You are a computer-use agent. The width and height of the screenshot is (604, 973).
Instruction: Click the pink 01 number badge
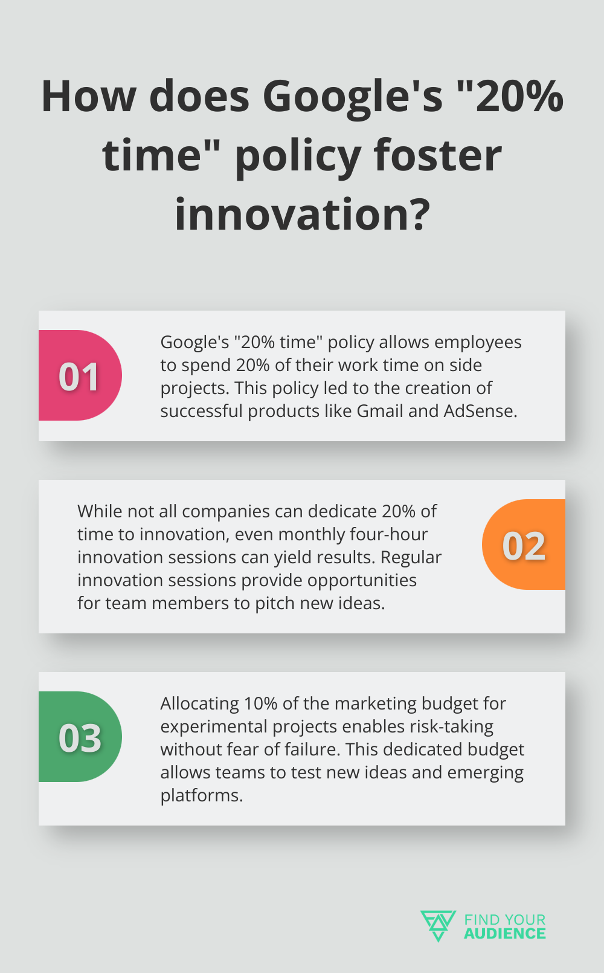(80, 375)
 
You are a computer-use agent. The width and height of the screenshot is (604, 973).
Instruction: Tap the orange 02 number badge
(524, 545)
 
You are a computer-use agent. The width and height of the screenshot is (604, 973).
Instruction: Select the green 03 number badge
(80, 737)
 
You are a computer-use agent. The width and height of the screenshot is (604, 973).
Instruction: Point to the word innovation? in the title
(302, 214)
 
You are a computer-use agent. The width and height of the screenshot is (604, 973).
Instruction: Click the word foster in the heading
(437, 155)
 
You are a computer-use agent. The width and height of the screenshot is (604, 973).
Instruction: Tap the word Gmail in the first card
(380, 411)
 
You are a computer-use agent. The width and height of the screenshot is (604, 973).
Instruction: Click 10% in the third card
(260, 703)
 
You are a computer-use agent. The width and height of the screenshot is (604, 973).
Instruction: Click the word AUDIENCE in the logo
(504, 934)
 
